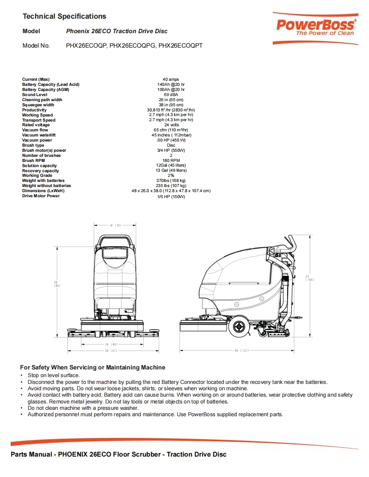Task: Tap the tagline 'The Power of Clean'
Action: [x=325, y=33]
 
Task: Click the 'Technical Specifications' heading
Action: [x=64, y=17]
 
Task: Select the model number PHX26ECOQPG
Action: [x=133, y=45]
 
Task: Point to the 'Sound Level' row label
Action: [x=35, y=95]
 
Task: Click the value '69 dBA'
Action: [x=171, y=95]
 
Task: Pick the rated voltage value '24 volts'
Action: [x=171, y=125]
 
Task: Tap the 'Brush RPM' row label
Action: [x=34, y=160]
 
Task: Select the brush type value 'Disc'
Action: [x=171, y=145]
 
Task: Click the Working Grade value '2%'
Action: [x=171, y=176]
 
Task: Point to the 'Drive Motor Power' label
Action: [x=41, y=196]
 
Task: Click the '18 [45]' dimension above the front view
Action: [x=116, y=225]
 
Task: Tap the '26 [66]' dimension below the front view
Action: [x=111, y=344]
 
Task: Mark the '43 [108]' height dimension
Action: [x=310, y=278]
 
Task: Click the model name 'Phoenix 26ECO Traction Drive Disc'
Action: [x=117, y=31]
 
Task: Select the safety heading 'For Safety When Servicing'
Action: [x=92, y=367]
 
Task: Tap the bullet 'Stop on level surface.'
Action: [x=54, y=375]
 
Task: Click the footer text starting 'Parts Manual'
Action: [x=118, y=454]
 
